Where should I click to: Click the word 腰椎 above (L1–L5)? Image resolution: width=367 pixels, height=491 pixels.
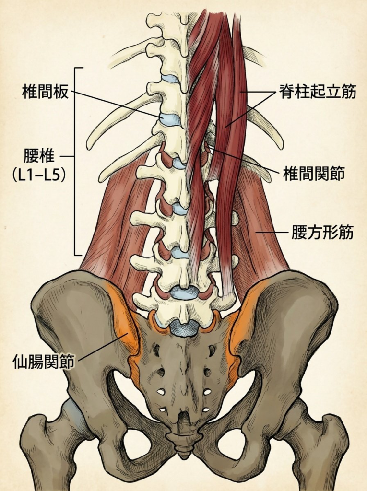(39, 156)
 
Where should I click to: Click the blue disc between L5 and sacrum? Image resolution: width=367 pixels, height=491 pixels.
(184, 327)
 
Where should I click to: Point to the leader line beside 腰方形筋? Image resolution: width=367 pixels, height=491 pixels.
(272, 233)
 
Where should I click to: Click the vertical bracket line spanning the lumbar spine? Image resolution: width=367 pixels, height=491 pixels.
(75, 161)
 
